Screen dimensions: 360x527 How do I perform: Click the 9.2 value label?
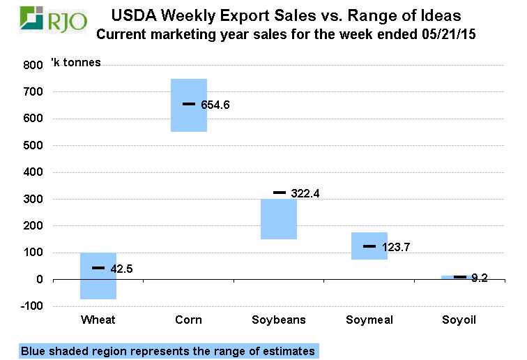pyautogui.click(x=479, y=278)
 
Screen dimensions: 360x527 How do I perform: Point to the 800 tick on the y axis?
pyautogui.click(x=33, y=65)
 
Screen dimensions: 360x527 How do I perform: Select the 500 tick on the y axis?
pyautogui.click(x=33, y=146)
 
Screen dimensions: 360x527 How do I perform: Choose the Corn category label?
pyautogui.click(x=189, y=320)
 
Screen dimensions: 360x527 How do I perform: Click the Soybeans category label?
pyautogui.click(x=279, y=320)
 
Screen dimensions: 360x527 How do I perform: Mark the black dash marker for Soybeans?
pyautogui.click(x=280, y=193)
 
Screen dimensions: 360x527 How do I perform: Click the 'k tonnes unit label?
pyautogui.click(x=76, y=63)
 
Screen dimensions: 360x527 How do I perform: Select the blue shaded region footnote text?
pyautogui.click(x=167, y=351)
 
